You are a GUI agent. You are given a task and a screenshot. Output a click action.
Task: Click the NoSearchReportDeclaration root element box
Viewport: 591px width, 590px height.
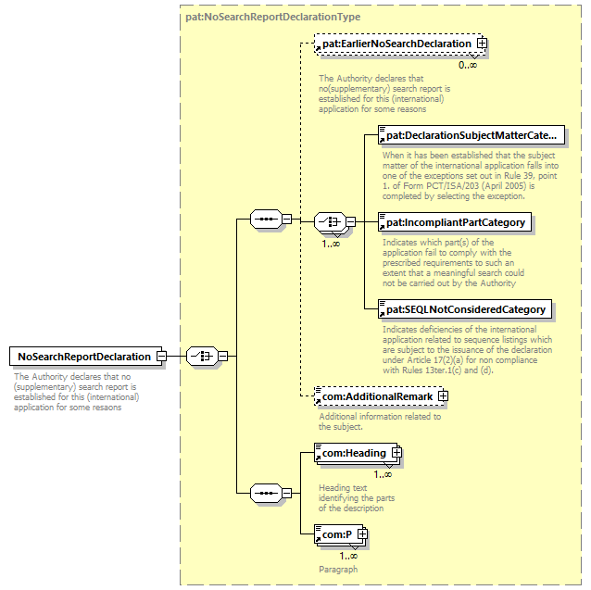83,356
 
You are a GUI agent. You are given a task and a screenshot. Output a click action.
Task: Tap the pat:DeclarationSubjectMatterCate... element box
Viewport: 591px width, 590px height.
472,135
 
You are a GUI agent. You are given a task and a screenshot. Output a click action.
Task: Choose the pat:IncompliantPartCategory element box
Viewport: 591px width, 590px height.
455,222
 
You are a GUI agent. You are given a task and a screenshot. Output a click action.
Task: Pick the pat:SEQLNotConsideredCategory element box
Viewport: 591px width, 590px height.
465,308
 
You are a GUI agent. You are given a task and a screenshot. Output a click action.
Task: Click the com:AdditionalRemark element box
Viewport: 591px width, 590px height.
376,396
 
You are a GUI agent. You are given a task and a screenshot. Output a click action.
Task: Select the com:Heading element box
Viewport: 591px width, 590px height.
353,453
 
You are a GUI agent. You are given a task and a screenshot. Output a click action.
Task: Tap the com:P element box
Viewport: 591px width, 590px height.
336,534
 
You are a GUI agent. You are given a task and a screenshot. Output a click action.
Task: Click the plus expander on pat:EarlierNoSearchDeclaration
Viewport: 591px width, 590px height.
482,44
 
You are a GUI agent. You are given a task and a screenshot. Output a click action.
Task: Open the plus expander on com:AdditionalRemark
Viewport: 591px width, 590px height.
443,396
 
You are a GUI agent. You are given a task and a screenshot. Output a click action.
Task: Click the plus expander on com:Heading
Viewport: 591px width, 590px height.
396,453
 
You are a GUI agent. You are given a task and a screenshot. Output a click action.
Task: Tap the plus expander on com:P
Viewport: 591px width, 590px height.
362,534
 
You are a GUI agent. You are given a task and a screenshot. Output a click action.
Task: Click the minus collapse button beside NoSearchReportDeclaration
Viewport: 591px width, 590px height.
161,356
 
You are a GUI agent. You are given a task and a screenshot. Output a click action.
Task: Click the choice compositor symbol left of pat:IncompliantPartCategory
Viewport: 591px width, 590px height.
329,222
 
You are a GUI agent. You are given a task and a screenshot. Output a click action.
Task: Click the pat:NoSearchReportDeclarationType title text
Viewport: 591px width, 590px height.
273,17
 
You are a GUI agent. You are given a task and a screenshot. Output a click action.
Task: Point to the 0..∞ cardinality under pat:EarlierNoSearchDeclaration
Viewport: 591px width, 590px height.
468,65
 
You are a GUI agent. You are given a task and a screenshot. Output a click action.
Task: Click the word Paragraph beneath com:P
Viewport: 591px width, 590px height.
338,569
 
